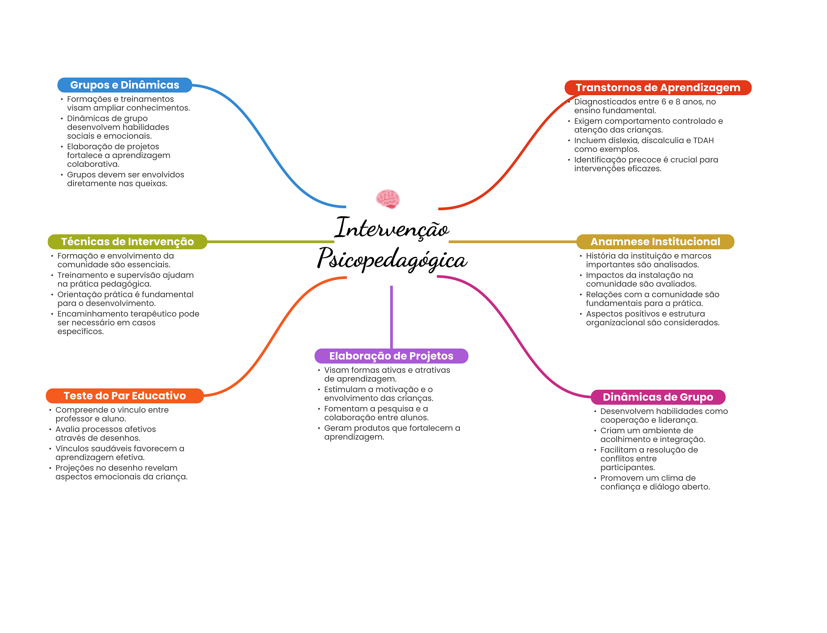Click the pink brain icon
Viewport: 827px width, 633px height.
[x=388, y=198]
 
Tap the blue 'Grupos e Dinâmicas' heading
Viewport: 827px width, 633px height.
[x=124, y=85]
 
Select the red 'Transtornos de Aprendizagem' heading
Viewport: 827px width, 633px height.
[x=658, y=88]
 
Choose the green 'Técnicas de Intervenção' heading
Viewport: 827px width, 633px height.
[x=127, y=242]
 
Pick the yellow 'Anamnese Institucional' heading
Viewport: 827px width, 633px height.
[x=655, y=242]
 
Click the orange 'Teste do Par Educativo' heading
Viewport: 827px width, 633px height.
[x=124, y=396]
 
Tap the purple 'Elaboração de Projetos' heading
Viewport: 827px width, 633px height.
[x=391, y=356]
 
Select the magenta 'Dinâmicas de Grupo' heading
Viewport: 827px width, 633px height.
[x=658, y=397]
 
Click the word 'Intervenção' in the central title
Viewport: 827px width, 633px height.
[x=391, y=228]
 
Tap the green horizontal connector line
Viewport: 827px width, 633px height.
[x=271, y=242]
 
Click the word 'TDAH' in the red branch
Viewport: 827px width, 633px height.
[x=703, y=140]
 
